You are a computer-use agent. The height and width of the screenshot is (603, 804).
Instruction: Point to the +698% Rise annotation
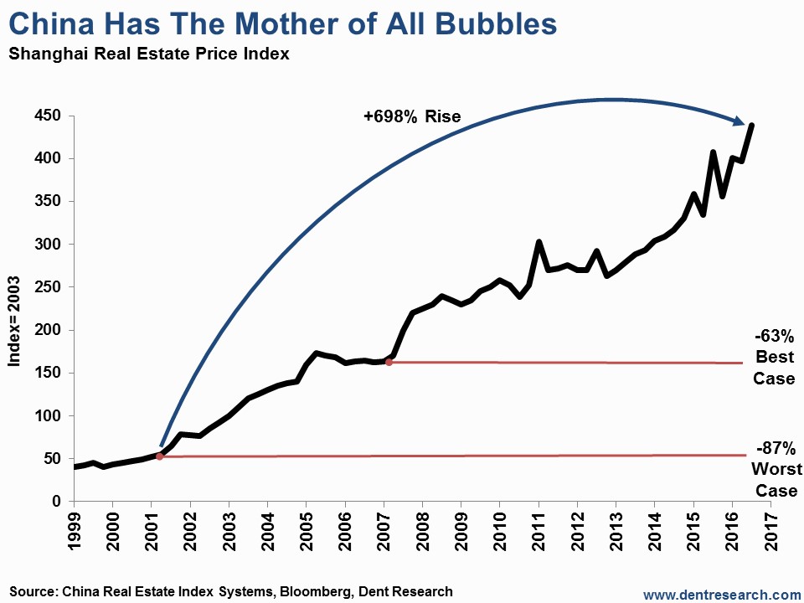coord(412,116)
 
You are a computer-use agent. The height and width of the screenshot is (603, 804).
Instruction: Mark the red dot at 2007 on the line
coord(389,362)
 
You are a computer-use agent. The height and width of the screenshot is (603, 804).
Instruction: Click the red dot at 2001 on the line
coord(159,456)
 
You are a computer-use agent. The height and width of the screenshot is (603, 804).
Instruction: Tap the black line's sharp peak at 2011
coord(539,242)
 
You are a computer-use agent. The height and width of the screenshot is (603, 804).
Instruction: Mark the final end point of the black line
coord(752,125)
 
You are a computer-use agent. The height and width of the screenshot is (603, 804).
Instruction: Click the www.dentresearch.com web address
coord(723,593)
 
